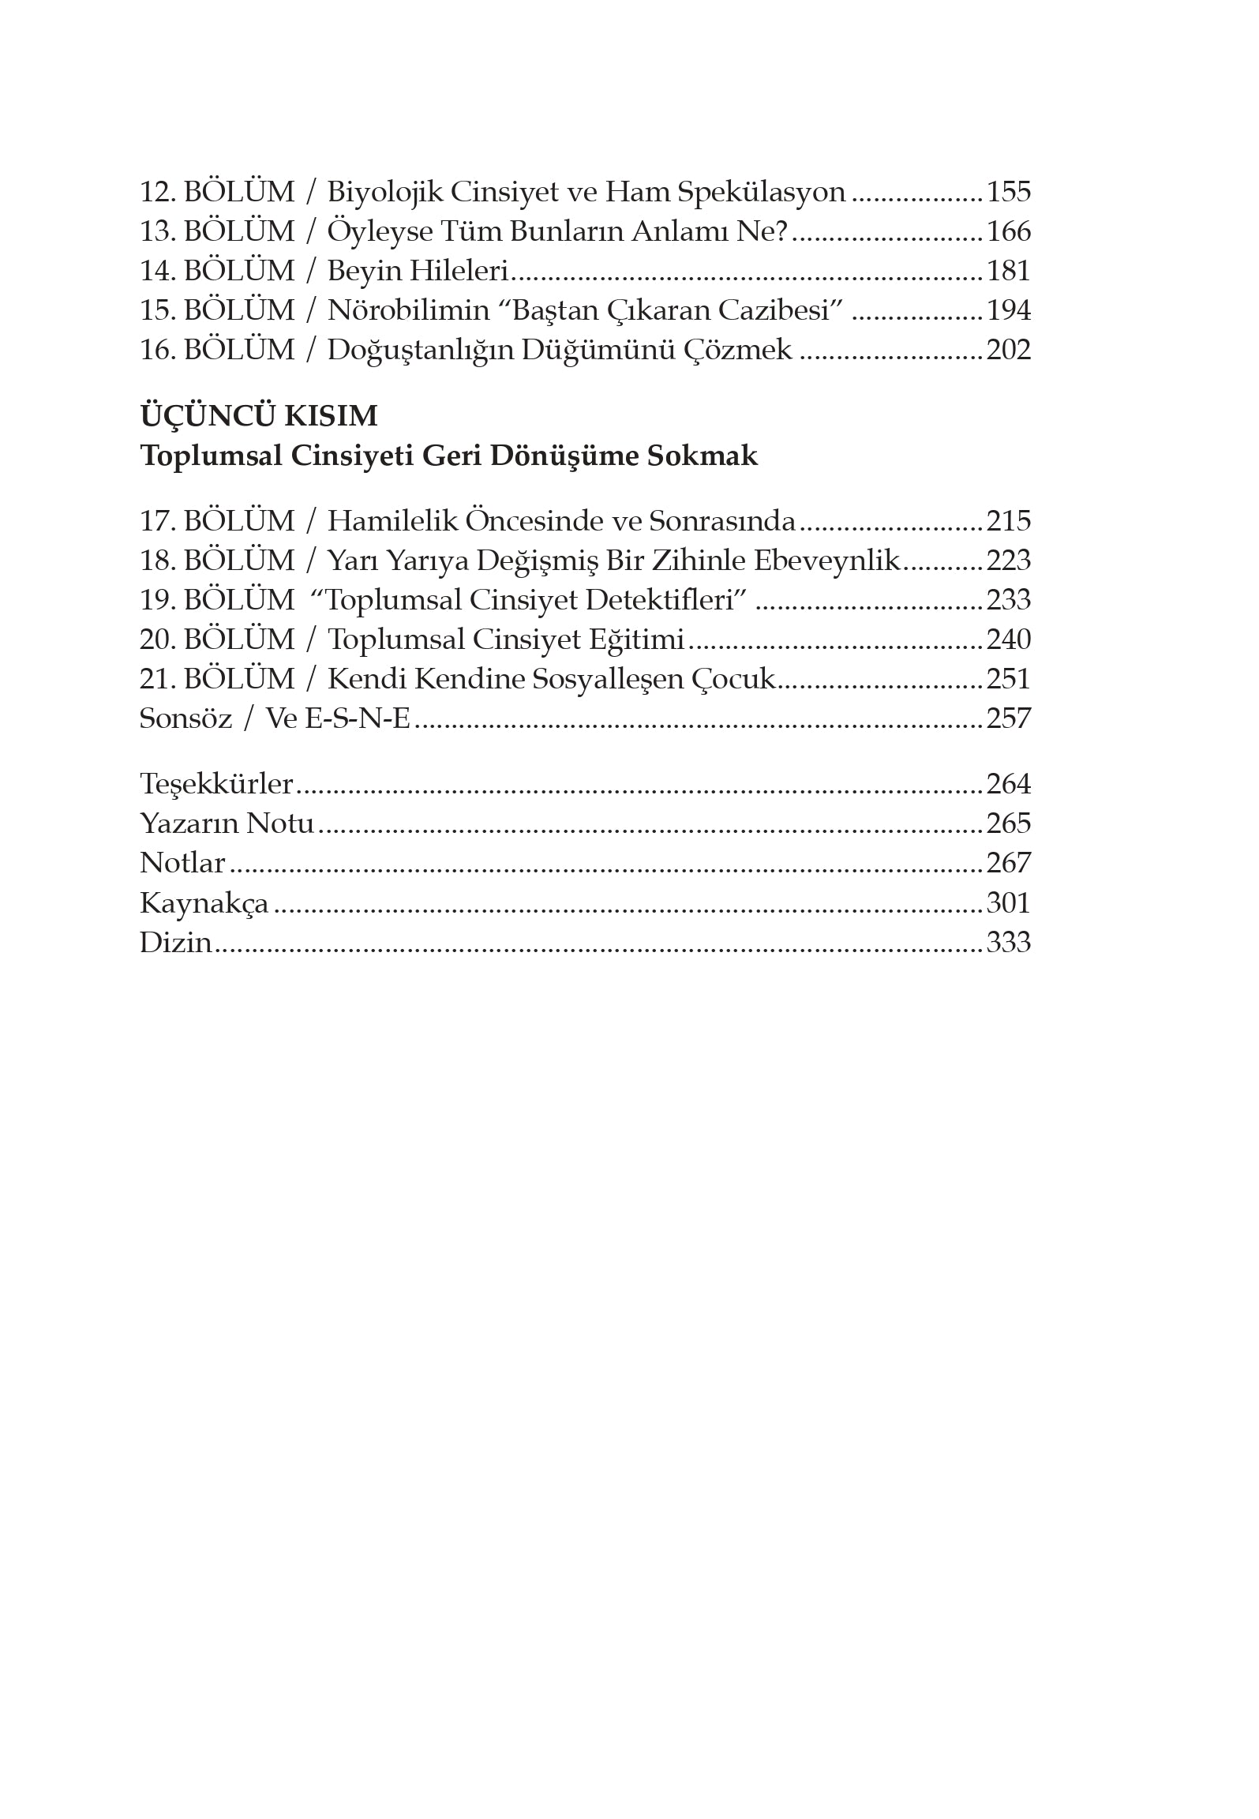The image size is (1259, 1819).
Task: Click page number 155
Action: click(1008, 193)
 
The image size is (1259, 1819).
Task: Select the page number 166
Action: click(1008, 232)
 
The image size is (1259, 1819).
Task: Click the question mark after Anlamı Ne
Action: click(781, 232)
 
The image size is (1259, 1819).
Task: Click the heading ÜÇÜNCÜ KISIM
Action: click(259, 416)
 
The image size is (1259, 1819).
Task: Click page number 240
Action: click(1008, 640)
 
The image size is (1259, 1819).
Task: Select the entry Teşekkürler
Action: click(216, 785)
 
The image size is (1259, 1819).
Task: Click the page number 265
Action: click(1008, 824)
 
